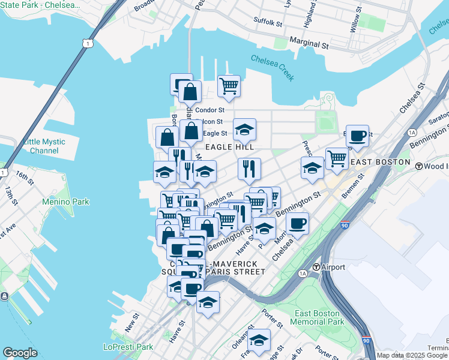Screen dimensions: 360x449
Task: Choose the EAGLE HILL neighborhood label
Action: pos(230,146)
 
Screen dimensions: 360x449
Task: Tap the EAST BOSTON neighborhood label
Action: pos(380,163)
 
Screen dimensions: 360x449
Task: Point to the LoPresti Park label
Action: pos(128,347)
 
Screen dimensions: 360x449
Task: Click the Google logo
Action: pos(20,353)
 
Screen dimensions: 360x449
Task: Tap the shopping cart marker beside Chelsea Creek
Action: pos(229,86)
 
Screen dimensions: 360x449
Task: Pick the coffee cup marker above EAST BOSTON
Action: pos(357,136)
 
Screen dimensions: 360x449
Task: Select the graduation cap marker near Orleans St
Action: pos(259,340)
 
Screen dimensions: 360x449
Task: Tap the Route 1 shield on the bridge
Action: pos(88,43)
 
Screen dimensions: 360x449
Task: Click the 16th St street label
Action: pos(25,178)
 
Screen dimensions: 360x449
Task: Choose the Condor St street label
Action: pos(210,110)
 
